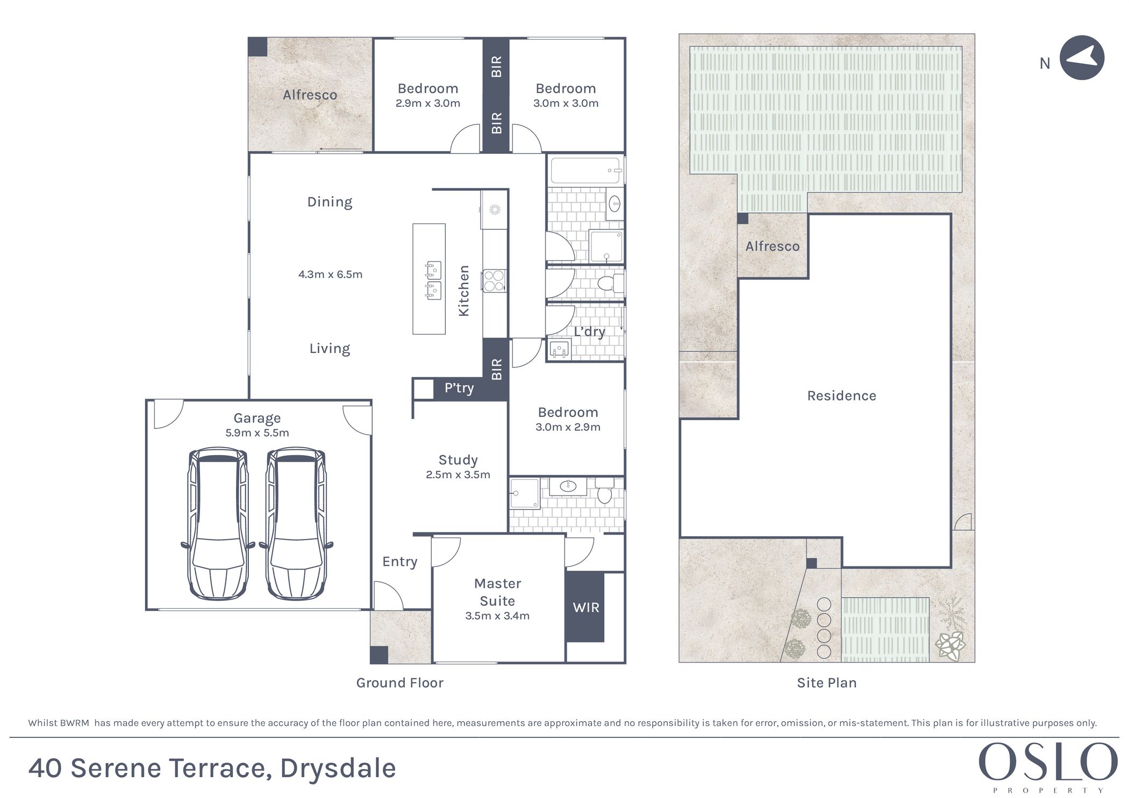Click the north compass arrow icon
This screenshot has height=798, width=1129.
coord(1082,58)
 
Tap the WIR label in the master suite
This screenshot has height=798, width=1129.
coord(586,608)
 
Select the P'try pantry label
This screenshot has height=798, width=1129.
coord(459,388)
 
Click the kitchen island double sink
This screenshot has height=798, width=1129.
coord(433,281)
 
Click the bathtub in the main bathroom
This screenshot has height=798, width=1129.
coord(585,171)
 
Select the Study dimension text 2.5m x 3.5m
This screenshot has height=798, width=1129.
coord(458,475)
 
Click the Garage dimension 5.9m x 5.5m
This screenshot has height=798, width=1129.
coord(257,433)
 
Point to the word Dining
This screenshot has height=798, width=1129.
coord(330,202)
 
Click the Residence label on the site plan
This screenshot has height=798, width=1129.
coord(842,396)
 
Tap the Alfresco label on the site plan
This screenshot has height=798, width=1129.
coord(773,247)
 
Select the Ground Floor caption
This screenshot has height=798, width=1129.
coord(400,683)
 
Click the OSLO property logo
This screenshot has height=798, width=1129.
coord(1048,767)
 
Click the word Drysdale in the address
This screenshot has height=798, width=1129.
coord(338,768)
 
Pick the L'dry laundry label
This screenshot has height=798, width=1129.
coord(589,332)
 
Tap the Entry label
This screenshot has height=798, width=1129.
coord(400,562)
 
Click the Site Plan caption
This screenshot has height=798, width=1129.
coord(827,683)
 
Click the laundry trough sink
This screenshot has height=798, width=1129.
coord(559,350)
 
